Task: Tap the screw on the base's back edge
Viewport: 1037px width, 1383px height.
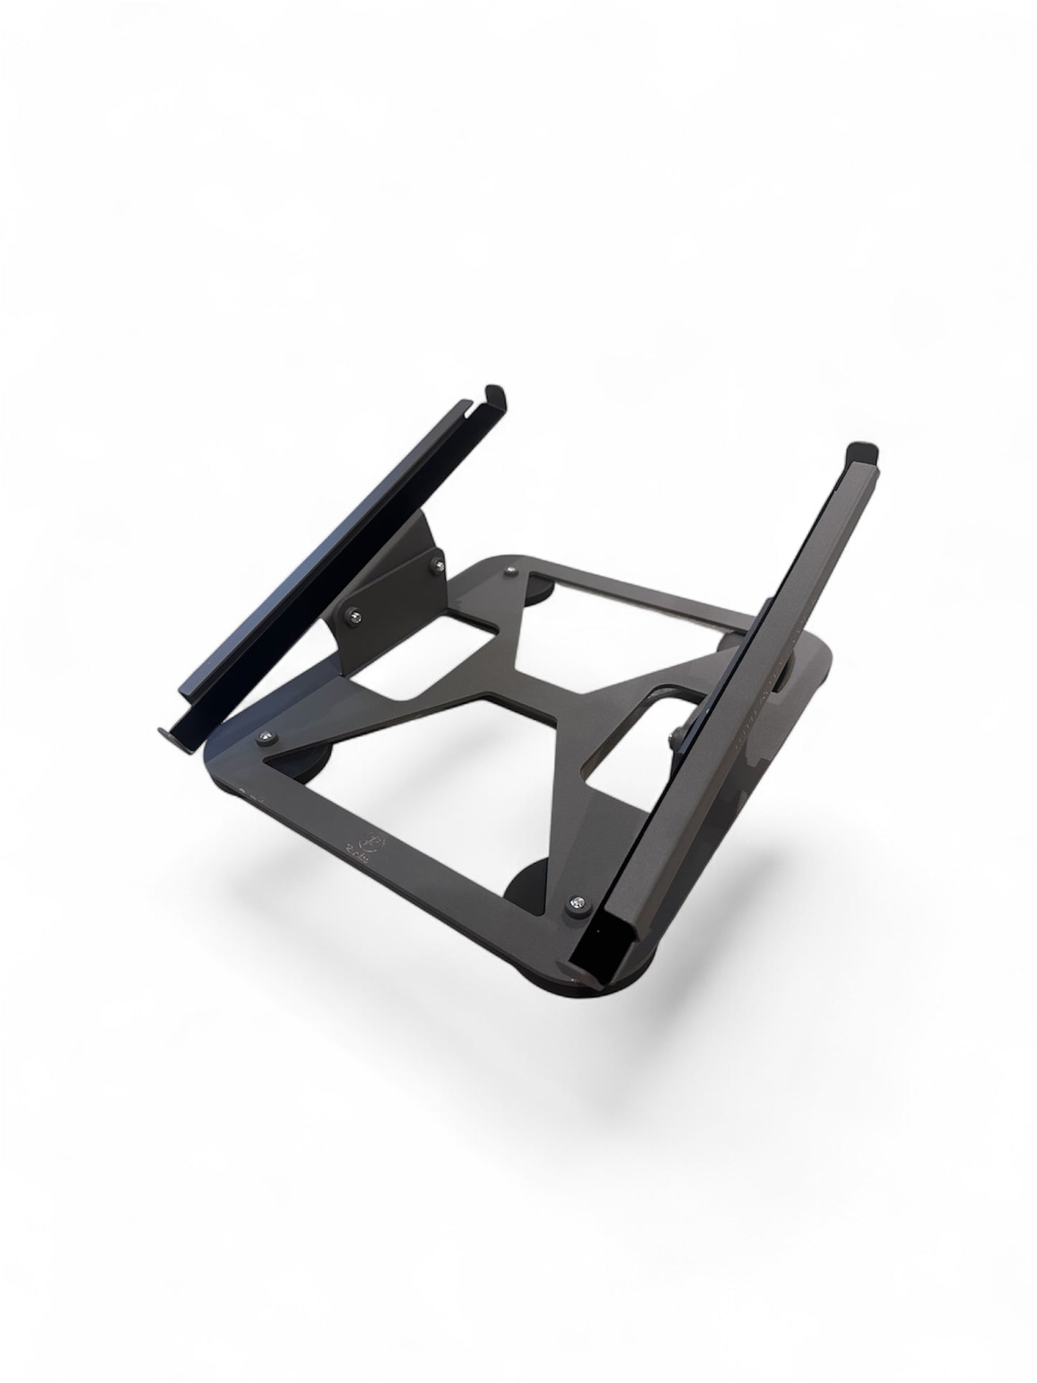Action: click(509, 571)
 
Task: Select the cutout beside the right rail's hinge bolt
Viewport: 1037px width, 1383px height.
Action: click(632, 739)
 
